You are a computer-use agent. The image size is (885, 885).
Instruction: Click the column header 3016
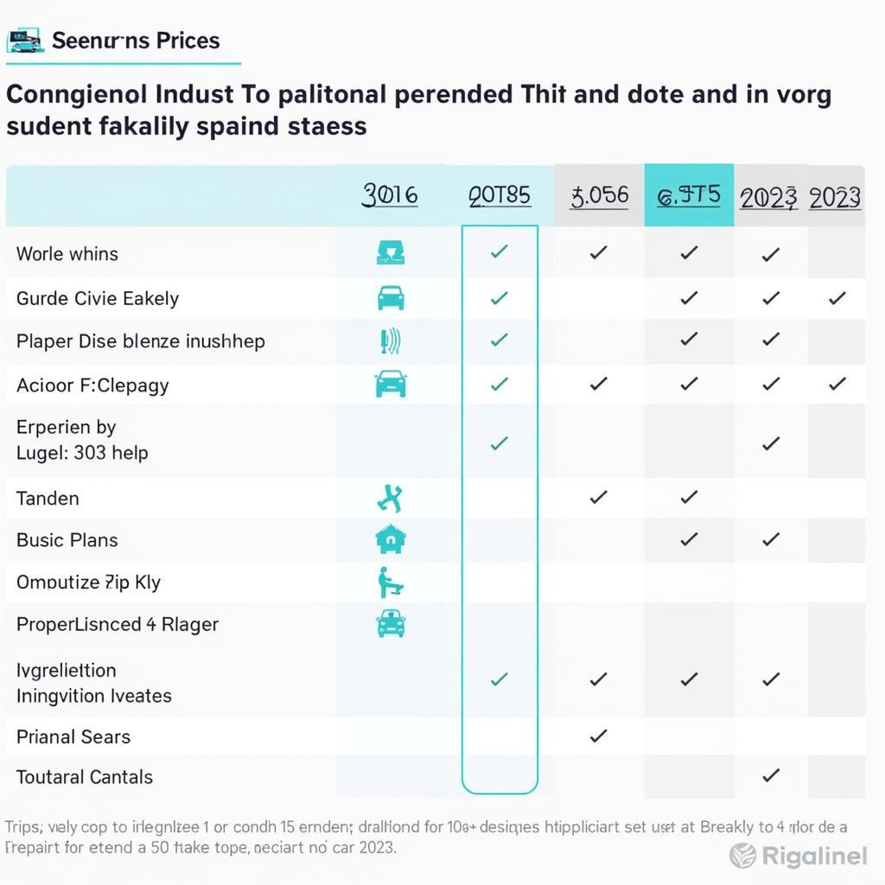point(390,195)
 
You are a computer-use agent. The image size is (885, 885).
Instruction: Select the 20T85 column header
point(500,195)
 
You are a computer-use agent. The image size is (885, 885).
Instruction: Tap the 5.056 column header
point(599,195)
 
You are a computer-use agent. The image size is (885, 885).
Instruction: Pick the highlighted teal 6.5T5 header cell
point(689,195)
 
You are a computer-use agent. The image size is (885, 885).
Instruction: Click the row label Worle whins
point(67,254)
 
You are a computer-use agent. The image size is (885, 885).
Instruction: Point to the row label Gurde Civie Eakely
point(98,299)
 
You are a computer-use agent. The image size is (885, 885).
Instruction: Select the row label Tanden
point(48,499)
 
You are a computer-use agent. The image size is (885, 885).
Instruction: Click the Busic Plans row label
point(67,540)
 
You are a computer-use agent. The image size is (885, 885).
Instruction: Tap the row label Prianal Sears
point(73,737)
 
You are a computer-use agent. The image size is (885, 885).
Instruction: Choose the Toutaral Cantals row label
point(85,777)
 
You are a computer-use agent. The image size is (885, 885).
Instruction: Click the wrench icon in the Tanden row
point(391,498)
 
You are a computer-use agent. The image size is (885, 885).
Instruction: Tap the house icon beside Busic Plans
point(391,539)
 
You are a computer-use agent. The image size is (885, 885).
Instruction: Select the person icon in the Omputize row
point(390,583)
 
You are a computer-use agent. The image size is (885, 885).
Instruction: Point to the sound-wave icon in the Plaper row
point(391,341)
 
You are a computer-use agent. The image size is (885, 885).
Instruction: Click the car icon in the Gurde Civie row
point(391,298)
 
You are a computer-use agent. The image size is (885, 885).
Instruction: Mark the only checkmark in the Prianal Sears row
point(597,736)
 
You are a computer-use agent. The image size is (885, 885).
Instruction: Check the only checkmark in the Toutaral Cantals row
point(771,775)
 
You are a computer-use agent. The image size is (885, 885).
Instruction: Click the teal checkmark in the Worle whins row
point(499,252)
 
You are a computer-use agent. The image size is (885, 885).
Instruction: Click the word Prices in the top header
point(187,41)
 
